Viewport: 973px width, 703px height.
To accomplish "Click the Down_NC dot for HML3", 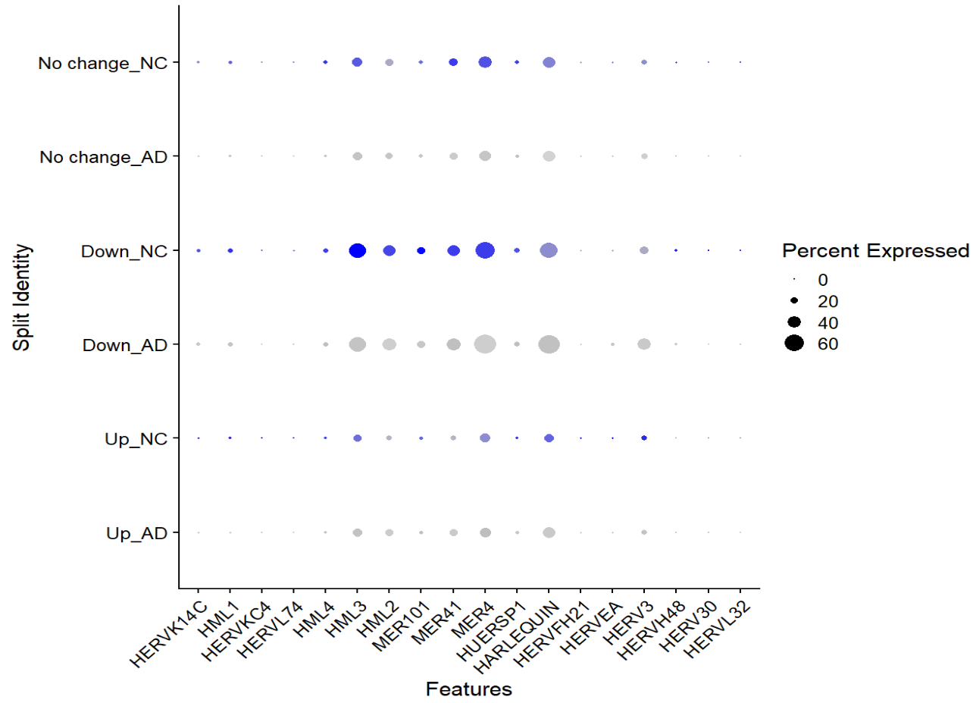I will click(357, 250).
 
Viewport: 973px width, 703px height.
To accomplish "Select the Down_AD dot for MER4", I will click(485, 344).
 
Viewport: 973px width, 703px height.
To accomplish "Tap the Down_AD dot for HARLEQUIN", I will click(549, 344).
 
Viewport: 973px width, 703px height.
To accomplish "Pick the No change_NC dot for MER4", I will click(485, 62).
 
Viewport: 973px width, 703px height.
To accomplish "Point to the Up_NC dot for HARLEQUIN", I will click(549, 438).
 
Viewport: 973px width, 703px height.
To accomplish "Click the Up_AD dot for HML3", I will click(357, 532).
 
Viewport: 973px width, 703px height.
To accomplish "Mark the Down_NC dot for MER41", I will click(453, 250).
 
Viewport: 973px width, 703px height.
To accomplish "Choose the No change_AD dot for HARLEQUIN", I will click(549, 156).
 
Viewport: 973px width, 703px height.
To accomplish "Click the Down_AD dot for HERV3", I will click(644, 344).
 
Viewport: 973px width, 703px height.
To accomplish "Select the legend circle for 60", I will click(793, 344).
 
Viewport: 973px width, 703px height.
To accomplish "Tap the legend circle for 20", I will click(793, 300).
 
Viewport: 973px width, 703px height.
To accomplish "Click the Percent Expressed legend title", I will click(875, 250).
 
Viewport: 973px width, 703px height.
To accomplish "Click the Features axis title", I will click(468, 689).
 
